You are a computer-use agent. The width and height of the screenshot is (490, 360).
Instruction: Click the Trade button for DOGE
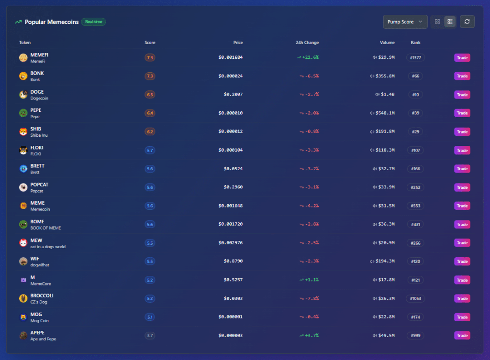(462, 95)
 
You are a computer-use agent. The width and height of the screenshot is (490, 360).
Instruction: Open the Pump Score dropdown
(405, 22)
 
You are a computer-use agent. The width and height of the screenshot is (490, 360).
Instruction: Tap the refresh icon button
(467, 22)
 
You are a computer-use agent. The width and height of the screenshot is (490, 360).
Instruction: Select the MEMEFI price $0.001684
(231, 57)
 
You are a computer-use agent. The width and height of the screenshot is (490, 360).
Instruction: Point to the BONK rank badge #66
(415, 76)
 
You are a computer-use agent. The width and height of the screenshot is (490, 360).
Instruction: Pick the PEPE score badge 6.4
(150, 113)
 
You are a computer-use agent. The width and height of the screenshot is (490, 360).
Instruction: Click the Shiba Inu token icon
(23, 132)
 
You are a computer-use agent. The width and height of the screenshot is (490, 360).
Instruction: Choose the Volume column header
(387, 43)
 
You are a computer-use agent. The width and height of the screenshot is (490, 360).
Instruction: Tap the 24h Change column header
(307, 43)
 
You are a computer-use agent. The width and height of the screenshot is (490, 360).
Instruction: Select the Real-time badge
(93, 22)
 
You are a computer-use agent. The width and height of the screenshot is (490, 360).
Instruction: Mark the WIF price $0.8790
(233, 261)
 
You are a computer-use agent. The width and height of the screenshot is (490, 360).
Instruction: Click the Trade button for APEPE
(462, 335)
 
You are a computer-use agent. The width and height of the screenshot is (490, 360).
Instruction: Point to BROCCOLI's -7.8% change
(312, 298)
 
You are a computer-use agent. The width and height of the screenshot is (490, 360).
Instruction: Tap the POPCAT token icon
(23, 187)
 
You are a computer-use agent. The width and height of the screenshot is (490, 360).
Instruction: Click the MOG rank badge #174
(415, 317)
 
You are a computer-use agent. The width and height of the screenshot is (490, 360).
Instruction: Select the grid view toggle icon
(437, 22)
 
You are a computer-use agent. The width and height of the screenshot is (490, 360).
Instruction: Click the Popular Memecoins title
(52, 22)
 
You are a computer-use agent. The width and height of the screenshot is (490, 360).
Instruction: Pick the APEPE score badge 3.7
(150, 336)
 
